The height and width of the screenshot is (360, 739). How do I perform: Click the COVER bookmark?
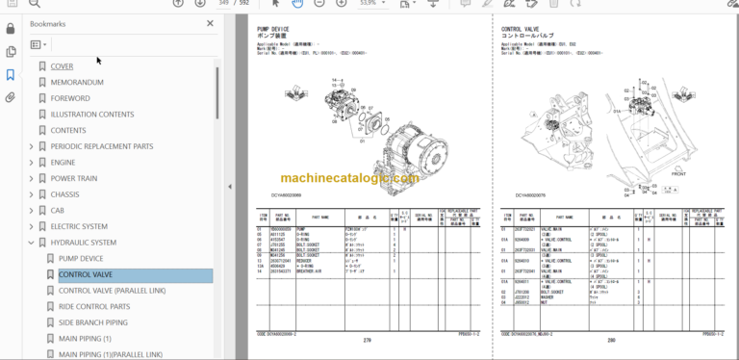62,66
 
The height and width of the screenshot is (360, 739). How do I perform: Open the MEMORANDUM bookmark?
77,82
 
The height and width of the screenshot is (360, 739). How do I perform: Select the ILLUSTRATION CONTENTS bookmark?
92,115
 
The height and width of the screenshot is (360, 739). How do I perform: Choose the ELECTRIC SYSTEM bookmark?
79,226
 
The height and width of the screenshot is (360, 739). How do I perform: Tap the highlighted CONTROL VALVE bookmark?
87,274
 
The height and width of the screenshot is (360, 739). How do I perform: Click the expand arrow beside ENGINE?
31,163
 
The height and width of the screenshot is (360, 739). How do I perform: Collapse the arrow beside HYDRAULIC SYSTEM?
31,243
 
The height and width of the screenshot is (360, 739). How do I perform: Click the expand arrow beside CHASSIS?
31,194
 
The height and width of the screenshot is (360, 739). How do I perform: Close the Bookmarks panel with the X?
211,23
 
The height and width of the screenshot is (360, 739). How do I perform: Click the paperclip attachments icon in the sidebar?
10,97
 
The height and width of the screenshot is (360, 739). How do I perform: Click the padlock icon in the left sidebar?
10,52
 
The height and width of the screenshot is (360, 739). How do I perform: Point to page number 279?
366,339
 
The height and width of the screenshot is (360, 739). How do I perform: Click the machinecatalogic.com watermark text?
349,178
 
